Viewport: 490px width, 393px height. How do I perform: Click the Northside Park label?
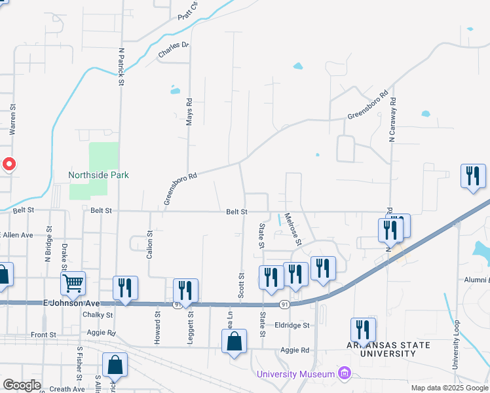pos(98,175)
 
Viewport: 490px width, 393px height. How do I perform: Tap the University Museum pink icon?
pos(345,374)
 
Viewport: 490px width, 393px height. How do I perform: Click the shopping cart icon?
pos(73,283)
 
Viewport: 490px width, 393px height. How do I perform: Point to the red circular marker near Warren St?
pos(8,164)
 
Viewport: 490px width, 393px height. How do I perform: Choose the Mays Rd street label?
pos(189,112)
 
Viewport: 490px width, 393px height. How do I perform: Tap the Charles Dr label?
pos(173,50)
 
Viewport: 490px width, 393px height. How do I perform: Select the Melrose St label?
pos(295,233)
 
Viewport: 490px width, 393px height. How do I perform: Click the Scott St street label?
pos(241,286)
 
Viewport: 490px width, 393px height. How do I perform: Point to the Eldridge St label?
pos(292,325)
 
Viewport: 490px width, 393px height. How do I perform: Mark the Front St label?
pos(44,335)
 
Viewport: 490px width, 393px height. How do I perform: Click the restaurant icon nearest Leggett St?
pos(186,290)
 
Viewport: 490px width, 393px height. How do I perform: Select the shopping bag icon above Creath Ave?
pos(115,365)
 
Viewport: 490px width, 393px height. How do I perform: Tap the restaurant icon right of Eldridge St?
pos(362,329)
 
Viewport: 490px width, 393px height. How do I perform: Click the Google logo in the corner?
pos(22,385)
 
